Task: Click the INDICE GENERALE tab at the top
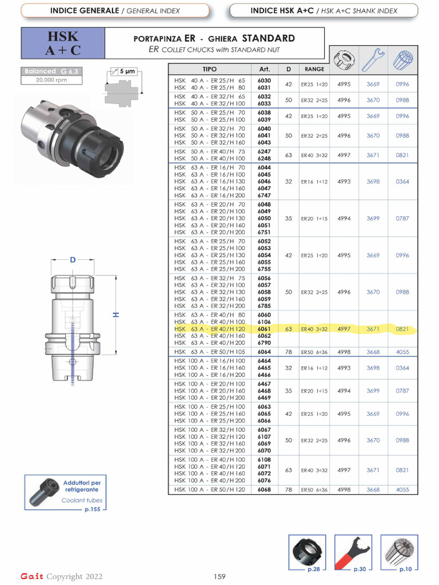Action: (x=115, y=11)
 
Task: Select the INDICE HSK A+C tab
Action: (x=324, y=11)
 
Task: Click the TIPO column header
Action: (x=210, y=69)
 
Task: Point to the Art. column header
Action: (x=264, y=69)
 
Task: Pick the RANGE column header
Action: (x=314, y=69)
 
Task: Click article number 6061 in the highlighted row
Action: (x=264, y=329)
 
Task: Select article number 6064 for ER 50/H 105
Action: (x=264, y=352)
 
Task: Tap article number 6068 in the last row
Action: (x=264, y=490)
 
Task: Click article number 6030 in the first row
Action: (x=264, y=81)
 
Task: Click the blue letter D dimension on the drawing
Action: (x=73, y=260)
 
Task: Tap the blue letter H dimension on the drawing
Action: (x=116, y=315)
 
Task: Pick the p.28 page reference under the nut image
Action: (x=313, y=569)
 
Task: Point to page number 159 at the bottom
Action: (x=220, y=576)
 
